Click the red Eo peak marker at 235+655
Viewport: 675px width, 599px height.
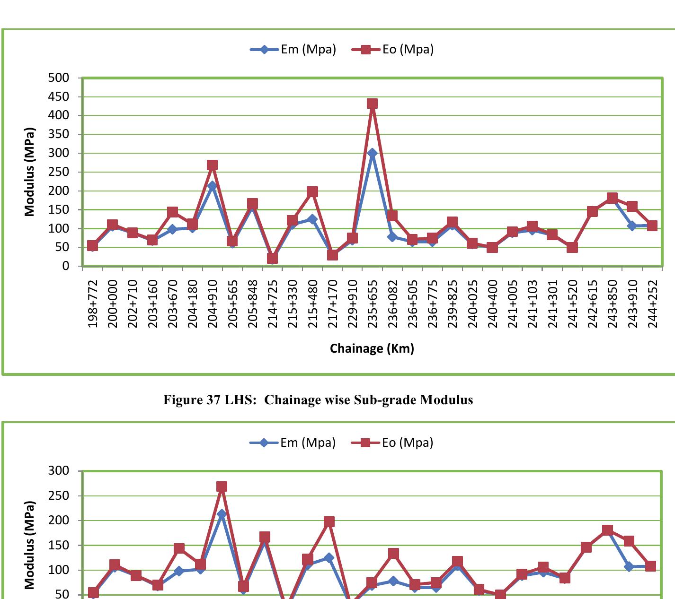[x=372, y=104]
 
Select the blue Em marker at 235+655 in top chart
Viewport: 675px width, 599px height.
[x=372, y=153]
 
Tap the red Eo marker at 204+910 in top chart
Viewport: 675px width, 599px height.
[x=212, y=165]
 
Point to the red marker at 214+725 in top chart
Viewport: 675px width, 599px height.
[x=272, y=258]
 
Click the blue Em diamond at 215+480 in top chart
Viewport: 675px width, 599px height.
[x=312, y=219]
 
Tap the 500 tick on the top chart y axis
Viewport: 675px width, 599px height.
[x=58, y=78]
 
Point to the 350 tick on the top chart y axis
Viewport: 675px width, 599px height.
[x=58, y=134]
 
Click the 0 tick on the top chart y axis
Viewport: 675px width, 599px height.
[x=65, y=266]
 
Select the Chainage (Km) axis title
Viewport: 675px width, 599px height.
[x=372, y=348]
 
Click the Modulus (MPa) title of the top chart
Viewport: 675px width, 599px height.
[x=30, y=172]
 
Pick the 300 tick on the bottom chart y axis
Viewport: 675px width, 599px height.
[x=58, y=471]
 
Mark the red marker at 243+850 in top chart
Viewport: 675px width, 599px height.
[x=612, y=198]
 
